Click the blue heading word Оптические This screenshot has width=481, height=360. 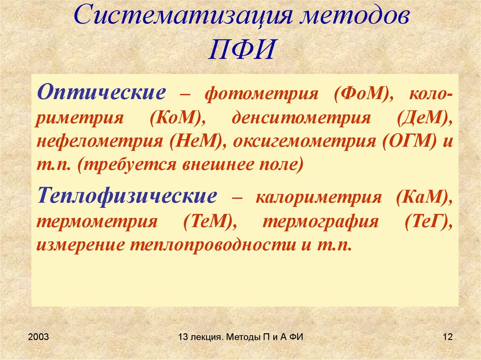point(101,91)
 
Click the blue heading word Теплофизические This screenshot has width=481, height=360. point(127,196)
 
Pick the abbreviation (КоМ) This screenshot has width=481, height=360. point(176,117)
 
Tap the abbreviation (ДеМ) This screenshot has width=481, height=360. point(425,117)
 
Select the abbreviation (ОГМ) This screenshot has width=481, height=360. point(409,141)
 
